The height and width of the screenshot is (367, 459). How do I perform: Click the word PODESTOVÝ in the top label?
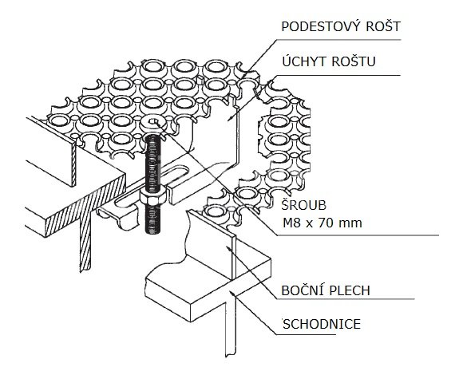[319, 26]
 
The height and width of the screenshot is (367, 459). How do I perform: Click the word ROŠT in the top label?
[383, 26]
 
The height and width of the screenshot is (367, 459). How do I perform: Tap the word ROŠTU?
[354, 61]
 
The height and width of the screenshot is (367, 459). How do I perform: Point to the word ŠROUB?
[304, 205]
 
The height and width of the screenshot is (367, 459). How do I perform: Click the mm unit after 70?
[350, 224]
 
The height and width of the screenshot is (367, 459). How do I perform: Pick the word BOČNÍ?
[301, 290]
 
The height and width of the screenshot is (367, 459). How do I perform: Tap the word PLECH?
[350, 290]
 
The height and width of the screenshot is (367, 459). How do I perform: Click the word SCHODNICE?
[322, 324]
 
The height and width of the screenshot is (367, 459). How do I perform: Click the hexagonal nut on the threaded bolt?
[153, 196]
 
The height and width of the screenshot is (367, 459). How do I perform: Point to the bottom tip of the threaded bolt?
[153, 233]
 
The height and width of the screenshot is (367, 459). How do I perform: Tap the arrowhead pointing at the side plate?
[228, 248]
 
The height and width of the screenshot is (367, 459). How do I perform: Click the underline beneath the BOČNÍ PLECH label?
[346, 299]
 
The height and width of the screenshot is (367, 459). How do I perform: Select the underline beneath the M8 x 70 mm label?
[358, 235]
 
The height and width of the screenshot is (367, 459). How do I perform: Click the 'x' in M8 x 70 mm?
[307, 224]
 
